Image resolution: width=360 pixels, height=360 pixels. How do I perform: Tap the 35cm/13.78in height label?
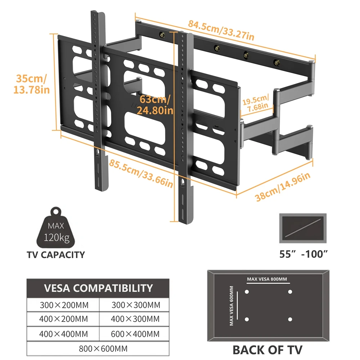click(32, 84)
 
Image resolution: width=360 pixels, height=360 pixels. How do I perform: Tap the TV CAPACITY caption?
click(56, 255)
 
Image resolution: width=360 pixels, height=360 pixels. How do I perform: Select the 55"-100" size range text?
click(303, 255)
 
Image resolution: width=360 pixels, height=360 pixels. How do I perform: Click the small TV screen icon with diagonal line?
click(303, 228)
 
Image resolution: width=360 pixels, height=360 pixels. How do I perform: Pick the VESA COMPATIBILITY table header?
click(98, 288)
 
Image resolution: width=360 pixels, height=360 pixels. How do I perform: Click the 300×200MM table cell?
click(64, 305)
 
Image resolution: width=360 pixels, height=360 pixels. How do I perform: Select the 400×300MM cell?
click(135, 319)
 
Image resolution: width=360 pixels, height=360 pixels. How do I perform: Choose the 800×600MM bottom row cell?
click(98, 348)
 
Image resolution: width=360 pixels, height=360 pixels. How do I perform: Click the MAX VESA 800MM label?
click(267, 279)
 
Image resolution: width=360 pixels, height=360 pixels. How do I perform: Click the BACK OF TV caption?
click(267, 349)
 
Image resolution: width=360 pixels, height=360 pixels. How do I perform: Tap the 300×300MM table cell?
click(135, 305)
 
